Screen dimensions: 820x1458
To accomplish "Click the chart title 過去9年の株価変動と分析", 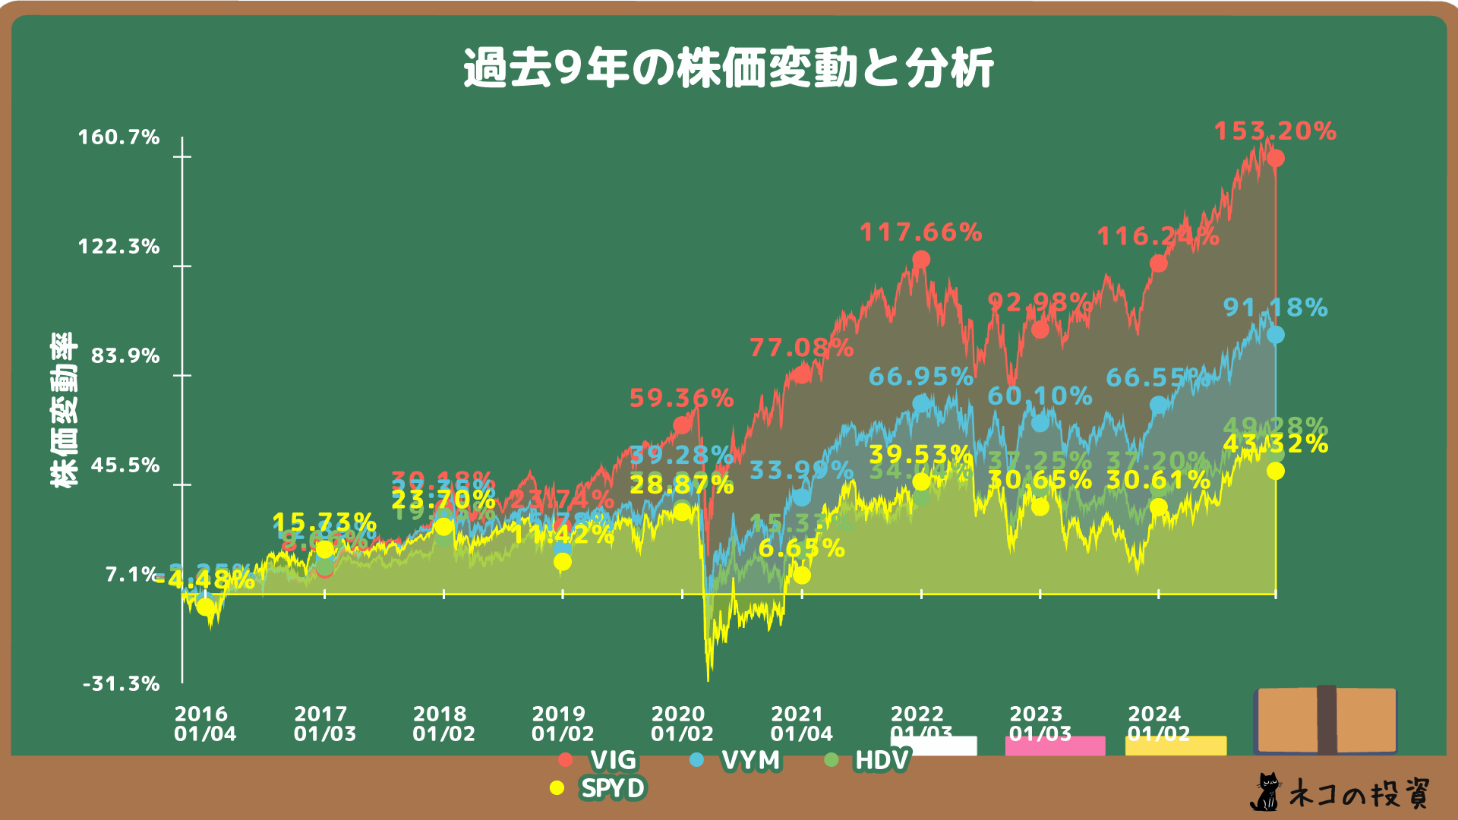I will (x=727, y=68).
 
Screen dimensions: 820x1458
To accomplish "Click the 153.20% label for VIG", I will (x=1275, y=131).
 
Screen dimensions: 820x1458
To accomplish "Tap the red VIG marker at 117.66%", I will (x=921, y=260).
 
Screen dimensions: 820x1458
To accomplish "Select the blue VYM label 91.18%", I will (x=1275, y=307).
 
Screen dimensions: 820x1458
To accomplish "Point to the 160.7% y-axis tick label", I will (x=119, y=137).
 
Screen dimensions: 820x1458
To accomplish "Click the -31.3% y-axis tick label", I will (x=121, y=684).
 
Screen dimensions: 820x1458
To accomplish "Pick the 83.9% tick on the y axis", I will (x=125, y=356).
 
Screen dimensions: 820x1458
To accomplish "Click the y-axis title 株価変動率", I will (x=64, y=410).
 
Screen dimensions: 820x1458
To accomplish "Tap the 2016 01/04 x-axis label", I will (x=205, y=724).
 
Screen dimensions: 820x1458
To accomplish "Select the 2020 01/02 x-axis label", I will (x=682, y=724).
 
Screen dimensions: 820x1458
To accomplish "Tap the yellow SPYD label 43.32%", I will (x=1275, y=444).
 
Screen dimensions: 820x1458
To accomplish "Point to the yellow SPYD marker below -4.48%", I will (x=205, y=607).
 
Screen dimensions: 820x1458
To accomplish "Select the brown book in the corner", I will (x=1326, y=720).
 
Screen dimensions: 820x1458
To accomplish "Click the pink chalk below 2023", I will (x=1055, y=746).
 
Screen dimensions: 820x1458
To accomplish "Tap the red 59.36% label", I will (x=681, y=398).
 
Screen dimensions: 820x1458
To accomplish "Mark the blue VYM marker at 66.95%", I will (x=921, y=403).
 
